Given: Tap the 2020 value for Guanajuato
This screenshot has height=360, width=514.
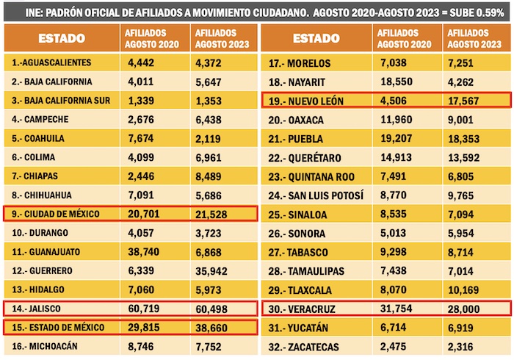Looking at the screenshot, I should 144,251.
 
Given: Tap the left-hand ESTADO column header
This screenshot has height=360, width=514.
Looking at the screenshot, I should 61,38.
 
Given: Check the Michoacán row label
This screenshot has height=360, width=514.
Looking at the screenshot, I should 48,346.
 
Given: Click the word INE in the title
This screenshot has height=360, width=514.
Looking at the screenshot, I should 33,12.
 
